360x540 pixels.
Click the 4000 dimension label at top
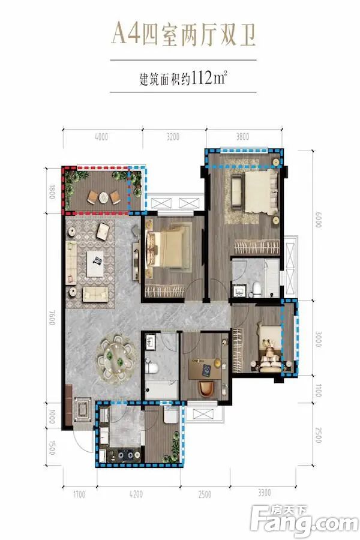(x=101, y=137)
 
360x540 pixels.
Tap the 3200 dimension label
(x=173, y=137)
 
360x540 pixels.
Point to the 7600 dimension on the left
(x=52, y=317)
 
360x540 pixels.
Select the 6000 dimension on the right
(x=318, y=219)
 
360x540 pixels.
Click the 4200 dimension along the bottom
(x=136, y=494)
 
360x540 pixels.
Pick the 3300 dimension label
(x=264, y=493)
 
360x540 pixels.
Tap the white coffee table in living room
(x=95, y=263)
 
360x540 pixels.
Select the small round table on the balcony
(x=104, y=197)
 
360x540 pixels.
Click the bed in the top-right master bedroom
(x=261, y=192)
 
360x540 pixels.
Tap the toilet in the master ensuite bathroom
(x=256, y=289)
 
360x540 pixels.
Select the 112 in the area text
(x=201, y=78)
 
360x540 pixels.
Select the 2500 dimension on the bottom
(x=205, y=494)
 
